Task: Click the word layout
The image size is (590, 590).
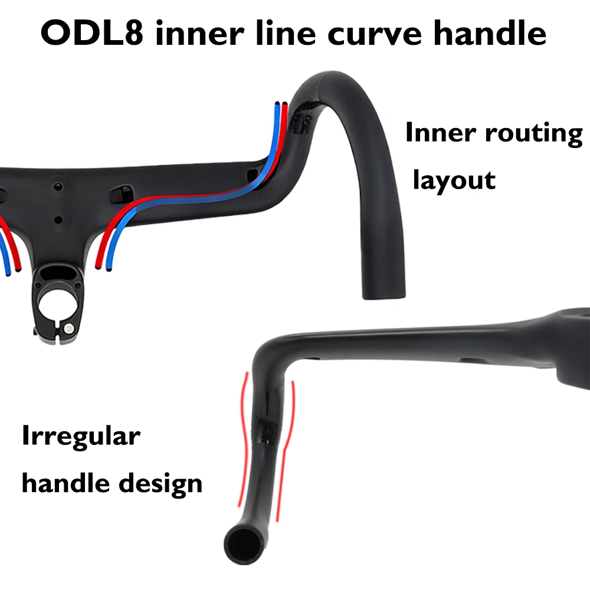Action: [x=454, y=179]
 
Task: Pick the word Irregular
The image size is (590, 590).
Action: [x=81, y=438]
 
